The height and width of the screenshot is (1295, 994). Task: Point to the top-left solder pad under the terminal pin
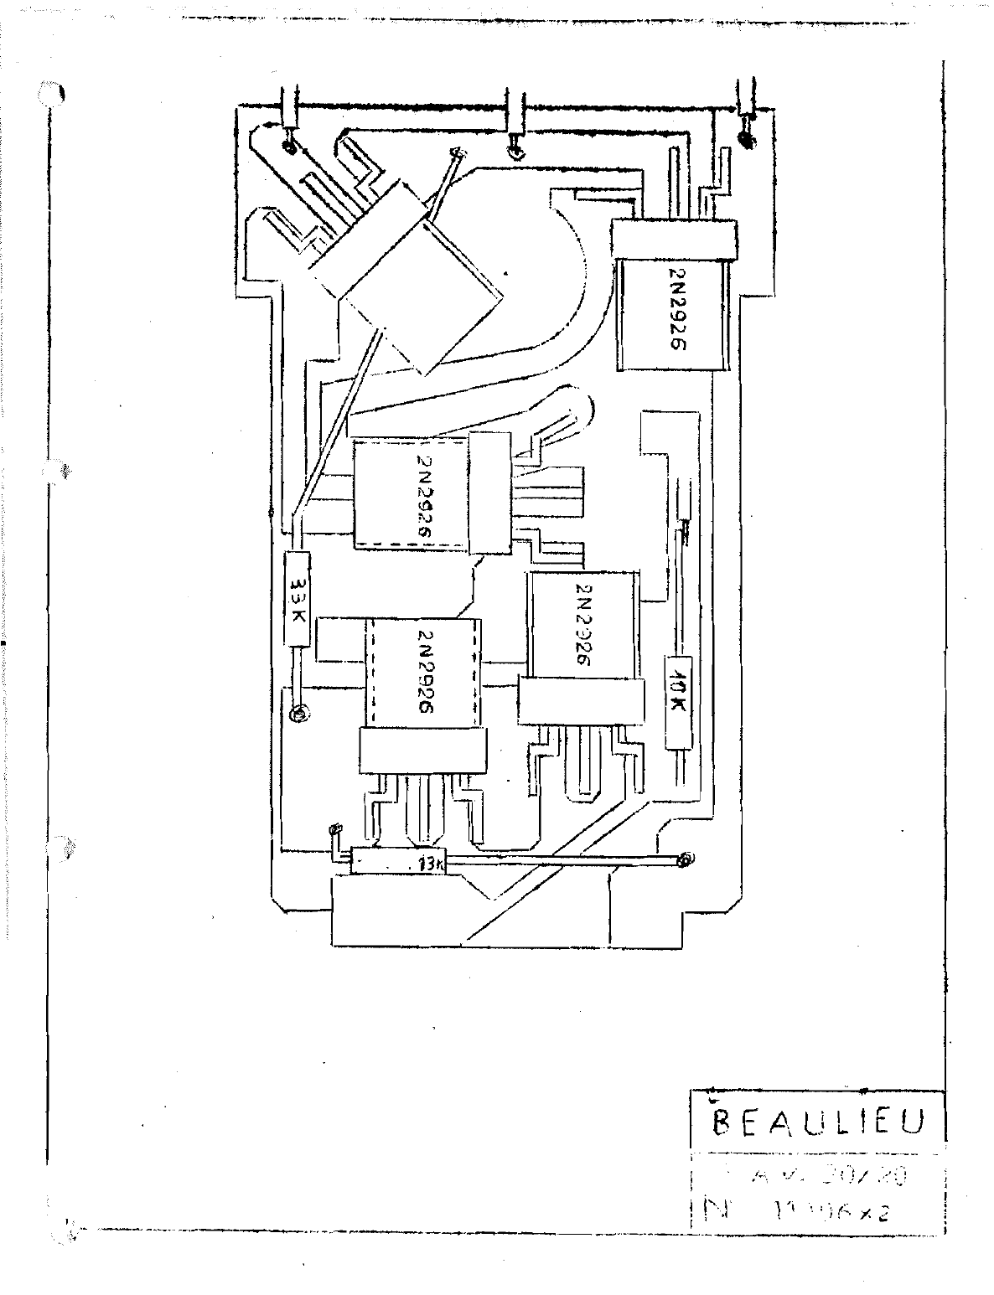click(289, 147)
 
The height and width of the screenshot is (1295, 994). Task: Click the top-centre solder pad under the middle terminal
click(516, 152)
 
